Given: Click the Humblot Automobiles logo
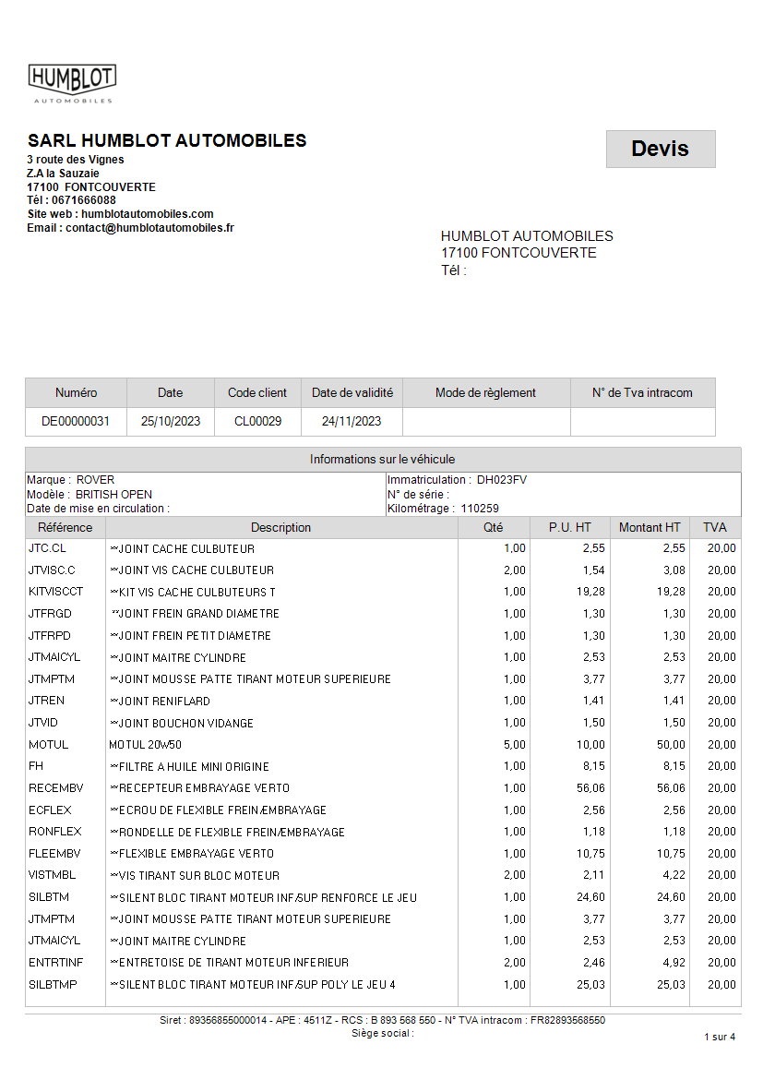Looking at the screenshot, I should (72, 83).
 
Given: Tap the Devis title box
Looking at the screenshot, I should (660, 149).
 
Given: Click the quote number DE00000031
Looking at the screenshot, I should (76, 421).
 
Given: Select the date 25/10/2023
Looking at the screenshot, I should (170, 421).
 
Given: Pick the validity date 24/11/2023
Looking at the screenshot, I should (352, 421).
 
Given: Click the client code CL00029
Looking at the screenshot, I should (257, 421).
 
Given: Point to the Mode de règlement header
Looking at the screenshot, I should (485, 392).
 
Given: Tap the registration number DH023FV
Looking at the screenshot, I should (502, 480).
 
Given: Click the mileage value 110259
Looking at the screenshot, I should (480, 509).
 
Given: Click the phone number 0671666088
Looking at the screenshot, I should (84, 200).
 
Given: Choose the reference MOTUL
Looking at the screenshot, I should (48, 745).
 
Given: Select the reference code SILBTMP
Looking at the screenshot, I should (53, 985).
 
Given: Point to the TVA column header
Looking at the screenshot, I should (715, 528).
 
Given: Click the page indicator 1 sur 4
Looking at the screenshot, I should (719, 1037).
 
